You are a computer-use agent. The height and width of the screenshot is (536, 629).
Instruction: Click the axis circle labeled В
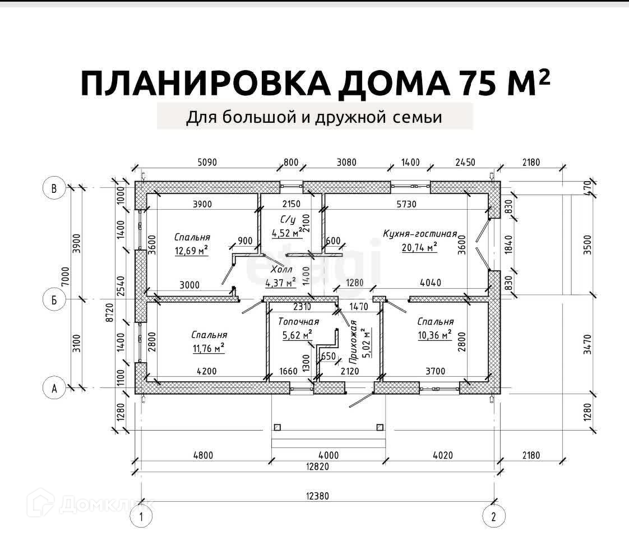pyautogui.click(x=54, y=189)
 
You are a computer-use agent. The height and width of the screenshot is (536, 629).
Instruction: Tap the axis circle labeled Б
pyautogui.click(x=54, y=300)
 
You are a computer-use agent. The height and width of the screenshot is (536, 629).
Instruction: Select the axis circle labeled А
pyautogui.click(x=54, y=389)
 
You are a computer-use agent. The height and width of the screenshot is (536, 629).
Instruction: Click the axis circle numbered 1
pyautogui.click(x=142, y=516)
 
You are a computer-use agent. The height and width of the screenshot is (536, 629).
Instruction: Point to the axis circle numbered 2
pyautogui.click(x=494, y=516)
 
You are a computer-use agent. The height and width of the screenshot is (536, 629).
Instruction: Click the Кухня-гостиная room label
pyautogui.click(x=420, y=234)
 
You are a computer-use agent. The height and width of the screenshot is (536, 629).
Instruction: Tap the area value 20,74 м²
pyautogui.click(x=419, y=247)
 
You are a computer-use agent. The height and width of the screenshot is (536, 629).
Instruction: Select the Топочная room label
pyautogui.click(x=298, y=322)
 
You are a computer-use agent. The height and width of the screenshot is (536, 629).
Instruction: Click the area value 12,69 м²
pyautogui.click(x=191, y=251)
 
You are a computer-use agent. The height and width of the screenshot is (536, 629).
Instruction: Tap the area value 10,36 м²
pyautogui.click(x=435, y=335)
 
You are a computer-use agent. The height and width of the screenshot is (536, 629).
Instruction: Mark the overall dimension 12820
pyautogui.click(x=317, y=466)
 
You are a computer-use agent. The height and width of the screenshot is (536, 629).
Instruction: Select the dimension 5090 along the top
pyautogui.click(x=207, y=163)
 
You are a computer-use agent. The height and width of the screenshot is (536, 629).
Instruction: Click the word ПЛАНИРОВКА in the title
pyautogui.click(x=202, y=83)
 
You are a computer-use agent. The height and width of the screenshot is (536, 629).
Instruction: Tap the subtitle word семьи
pyautogui.click(x=417, y=117)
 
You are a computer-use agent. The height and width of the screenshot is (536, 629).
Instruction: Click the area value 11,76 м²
pyautogui.click(x=208, y=349)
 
